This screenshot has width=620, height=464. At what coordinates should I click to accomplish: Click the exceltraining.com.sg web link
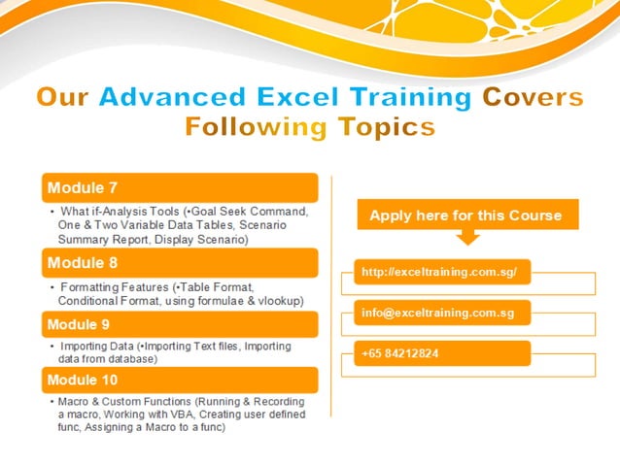click(432, 274)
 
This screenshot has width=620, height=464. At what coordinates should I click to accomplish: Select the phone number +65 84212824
click(399, 353)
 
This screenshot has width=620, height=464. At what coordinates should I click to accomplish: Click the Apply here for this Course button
click(465, 215)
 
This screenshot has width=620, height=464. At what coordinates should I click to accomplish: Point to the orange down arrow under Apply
click(466, 236)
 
